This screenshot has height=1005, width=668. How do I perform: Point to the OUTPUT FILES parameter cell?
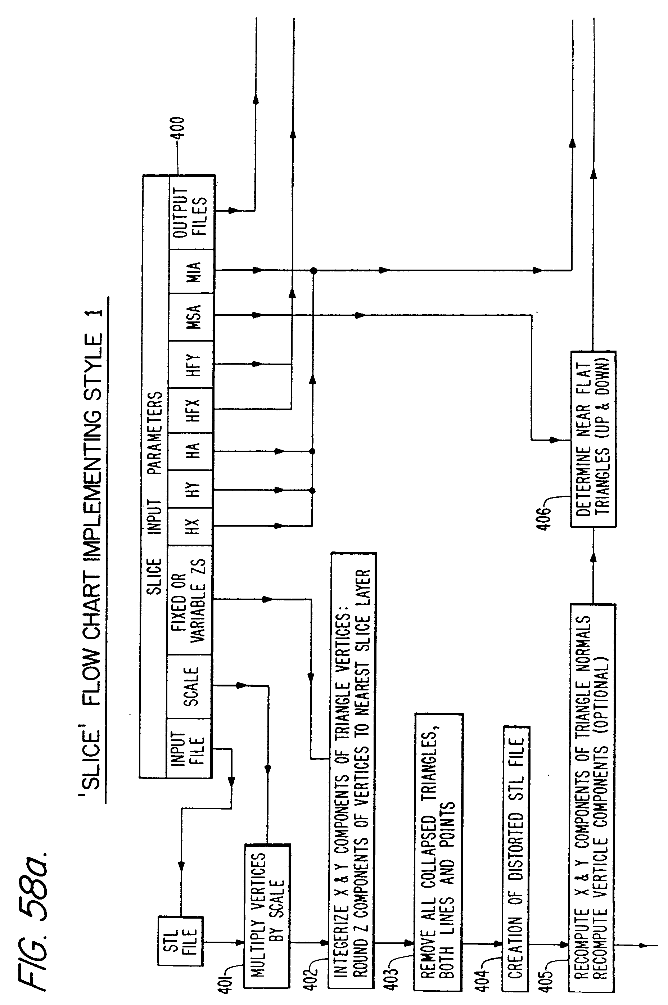click(x=190, y=212)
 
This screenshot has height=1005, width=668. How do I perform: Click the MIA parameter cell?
click(x=190, y=271)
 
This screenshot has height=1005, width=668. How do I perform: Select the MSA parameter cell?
click(x=190, y=316)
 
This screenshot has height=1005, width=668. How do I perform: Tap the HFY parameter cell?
click(x=190, y=364)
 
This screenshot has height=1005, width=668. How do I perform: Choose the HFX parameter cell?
click(x=190, y=410)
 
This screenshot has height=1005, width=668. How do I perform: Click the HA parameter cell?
click(x=190, y=451)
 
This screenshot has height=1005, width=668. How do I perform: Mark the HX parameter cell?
click(x=190, y=527)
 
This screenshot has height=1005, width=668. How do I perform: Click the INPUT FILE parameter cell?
click(x=189, y=749)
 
